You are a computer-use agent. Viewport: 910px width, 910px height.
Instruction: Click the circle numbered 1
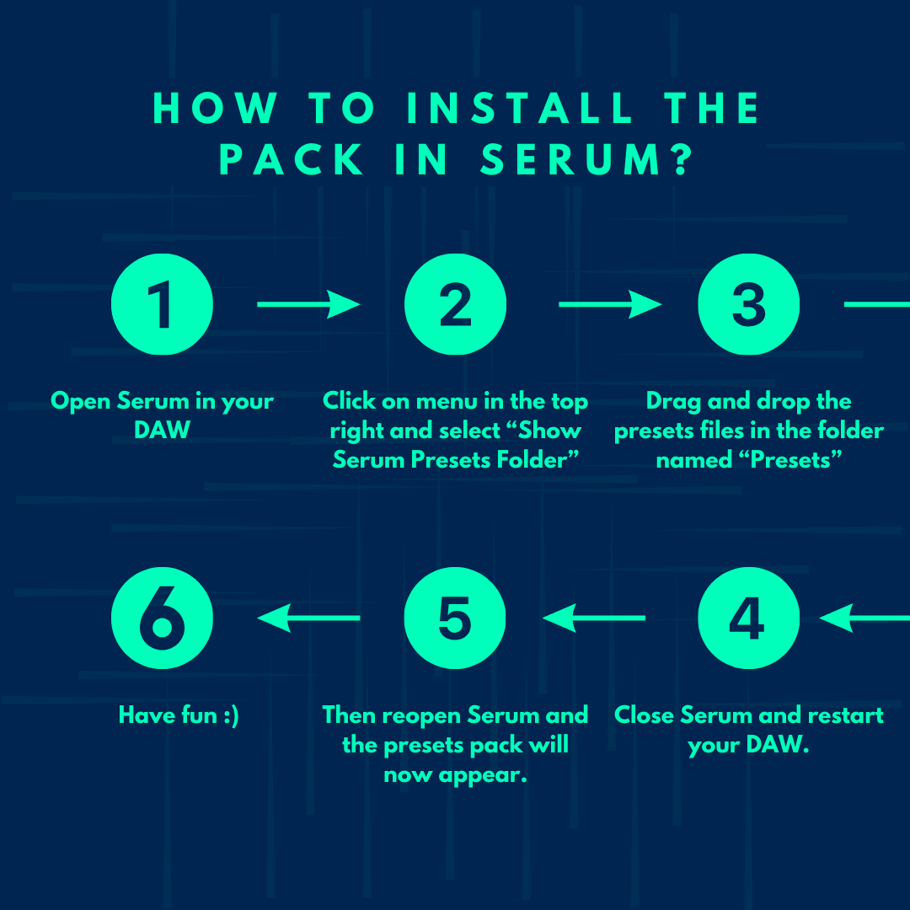pyautogui.click(x=162, y=304)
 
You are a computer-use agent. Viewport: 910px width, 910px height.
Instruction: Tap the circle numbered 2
pyautogui.click(x=456, y=304)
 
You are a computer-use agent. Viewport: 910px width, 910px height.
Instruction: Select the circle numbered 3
pyautogui.click(x=749, y=304)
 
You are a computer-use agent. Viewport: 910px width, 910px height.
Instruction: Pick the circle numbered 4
pyautogui.click(x=749, y=618)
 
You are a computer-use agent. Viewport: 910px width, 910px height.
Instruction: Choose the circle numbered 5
pyautogui.click(x=455, y=618)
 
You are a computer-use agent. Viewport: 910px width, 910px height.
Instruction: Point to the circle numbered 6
pyautogui.click(x=162, y=618)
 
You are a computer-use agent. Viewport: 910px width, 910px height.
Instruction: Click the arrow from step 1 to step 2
pyautogui.click(x=308, y=304)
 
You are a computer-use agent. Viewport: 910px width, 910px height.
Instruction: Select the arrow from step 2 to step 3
pyautogui.click(x=610, y=304)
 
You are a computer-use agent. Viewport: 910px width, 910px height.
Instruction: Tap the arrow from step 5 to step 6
pyautogui.click(x=308, y=618)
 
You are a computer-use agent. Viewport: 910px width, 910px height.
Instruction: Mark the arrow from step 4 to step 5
pyautogui.click(x=594, y=618)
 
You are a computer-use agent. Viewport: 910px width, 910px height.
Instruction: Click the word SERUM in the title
pyautogui.click(x=570, y=159)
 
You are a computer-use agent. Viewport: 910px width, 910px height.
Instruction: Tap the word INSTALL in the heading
pyautogui.click(x=519, y=108)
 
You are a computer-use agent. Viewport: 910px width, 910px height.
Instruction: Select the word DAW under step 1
pyautogui.click(x=162, y=430)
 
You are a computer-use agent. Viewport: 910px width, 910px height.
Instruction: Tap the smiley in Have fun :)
pyautogui.click(x=231, y=715)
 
